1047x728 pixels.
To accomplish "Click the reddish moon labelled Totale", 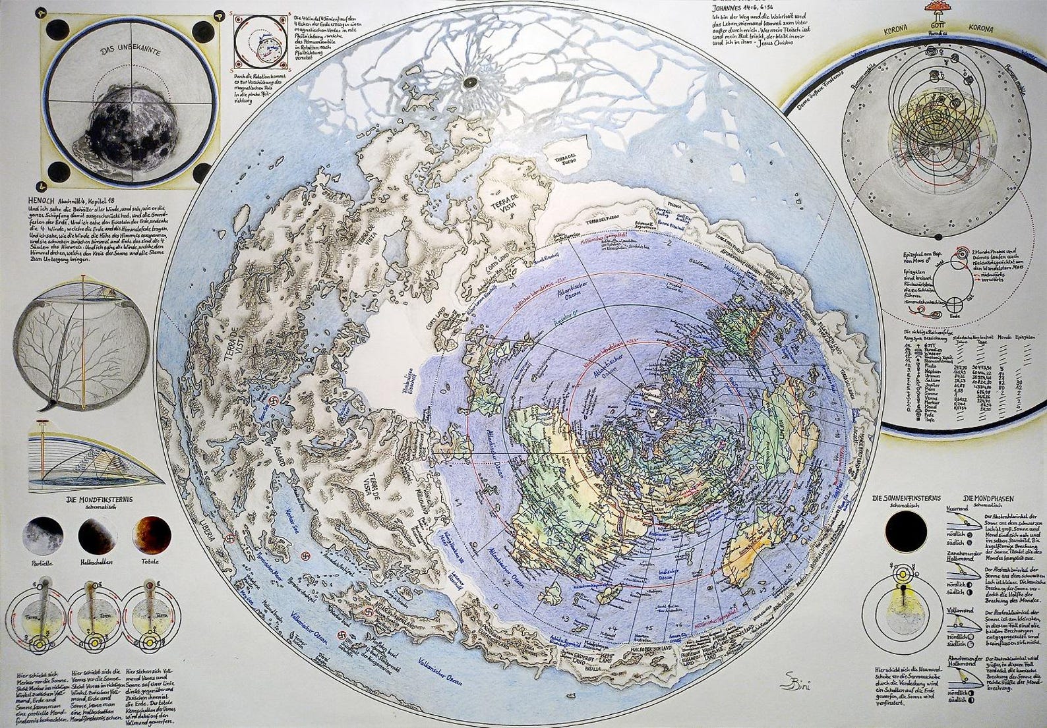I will pos(153,532).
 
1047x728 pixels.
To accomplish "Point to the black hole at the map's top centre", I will pos(471,82).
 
